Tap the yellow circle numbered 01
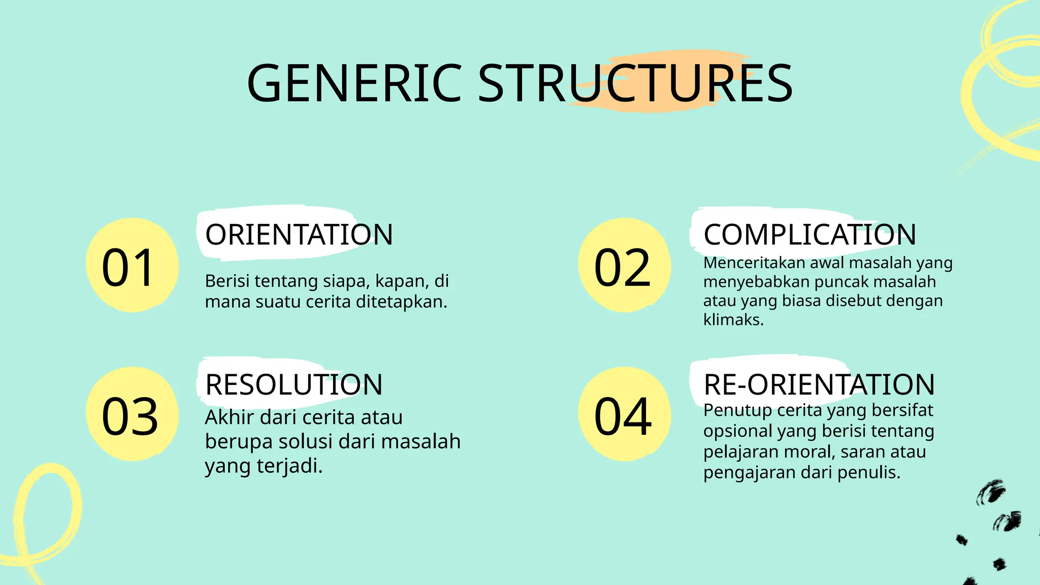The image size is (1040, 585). click(x=132, y=265)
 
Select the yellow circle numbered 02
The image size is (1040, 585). click(x=624, y=265)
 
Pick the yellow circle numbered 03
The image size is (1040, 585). click(x=132, y=414)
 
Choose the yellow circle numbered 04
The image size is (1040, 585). click(x=624, y=414)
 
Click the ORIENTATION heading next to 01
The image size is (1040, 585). click(x=299, y=235)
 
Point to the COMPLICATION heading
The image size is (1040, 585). click(x=809, y=235)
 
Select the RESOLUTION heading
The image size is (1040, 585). click(x=294, y=384)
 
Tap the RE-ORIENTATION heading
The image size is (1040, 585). click(x=819, y=384)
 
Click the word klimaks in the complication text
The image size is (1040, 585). click(x=732, y=320)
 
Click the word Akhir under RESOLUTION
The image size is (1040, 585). click(x=229, y=417)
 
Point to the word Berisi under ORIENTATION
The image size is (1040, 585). click(x=226, y=281)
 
